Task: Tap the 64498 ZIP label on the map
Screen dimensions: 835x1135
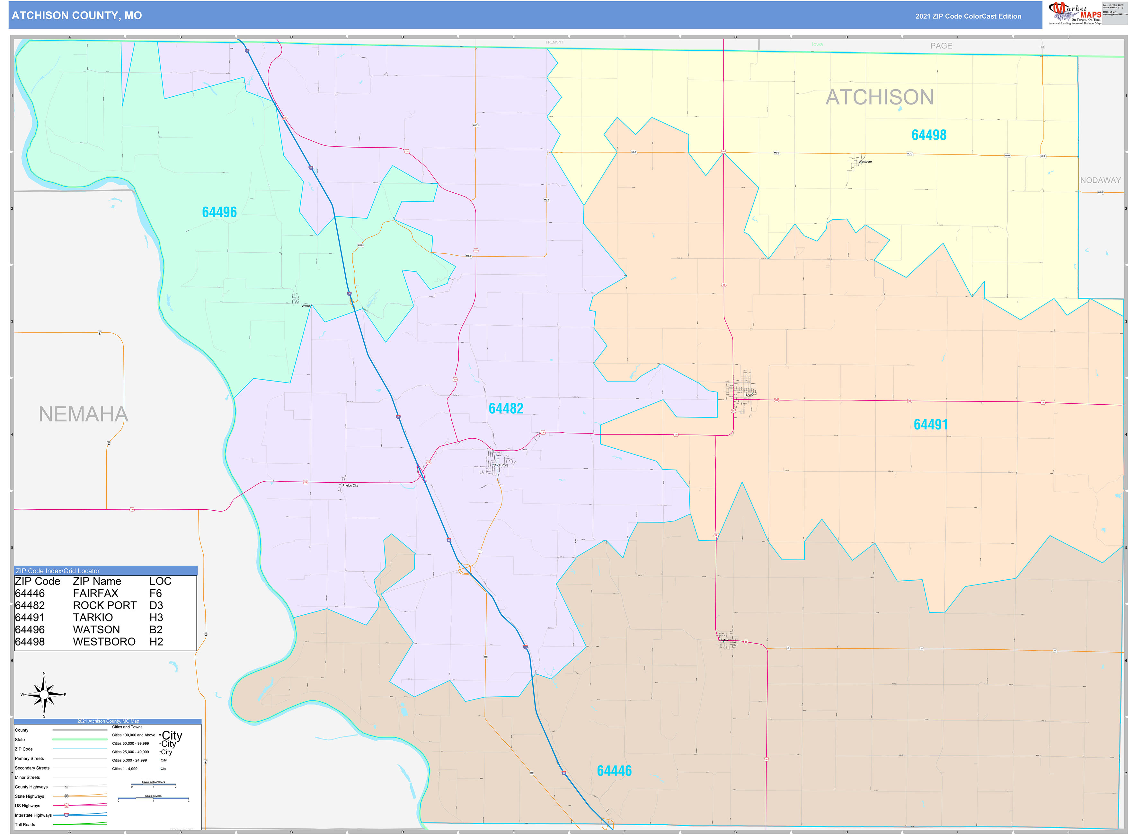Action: click(929, 135)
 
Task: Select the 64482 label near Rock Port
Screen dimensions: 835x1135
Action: click(506, 409)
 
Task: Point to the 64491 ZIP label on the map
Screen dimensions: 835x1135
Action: click(930, 425)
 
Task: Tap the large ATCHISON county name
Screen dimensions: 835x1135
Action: click(879, 97)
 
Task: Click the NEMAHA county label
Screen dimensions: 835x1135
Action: click(84, 415)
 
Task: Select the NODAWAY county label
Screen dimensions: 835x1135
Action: click(1100, 180)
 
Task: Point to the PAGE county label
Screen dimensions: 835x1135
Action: click(941, 46)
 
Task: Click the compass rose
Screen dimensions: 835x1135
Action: click(44, 695)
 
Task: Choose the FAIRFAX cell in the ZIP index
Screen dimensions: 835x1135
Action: click(95, 593)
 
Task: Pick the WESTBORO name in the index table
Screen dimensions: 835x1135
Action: click(104, 642)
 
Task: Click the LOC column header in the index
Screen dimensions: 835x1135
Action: click(160, 581)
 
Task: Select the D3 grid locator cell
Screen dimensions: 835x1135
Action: click(156, 605)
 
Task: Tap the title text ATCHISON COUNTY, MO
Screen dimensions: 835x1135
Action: click(77, 16)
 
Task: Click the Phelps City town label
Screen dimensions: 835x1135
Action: click(350, 486)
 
